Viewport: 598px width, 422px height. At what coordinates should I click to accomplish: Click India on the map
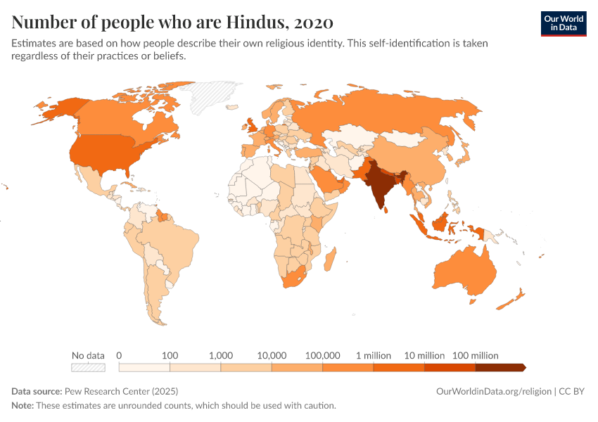tap(381, 186)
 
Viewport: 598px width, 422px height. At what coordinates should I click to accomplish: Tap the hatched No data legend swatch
tap(88, 367)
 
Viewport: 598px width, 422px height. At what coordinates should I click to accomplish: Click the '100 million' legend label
tap(475, 355)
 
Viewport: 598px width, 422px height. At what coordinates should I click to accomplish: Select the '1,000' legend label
tap(221, 355)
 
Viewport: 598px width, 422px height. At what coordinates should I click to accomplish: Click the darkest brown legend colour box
tap(500, 367)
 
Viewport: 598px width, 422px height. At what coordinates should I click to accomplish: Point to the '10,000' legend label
tap(272, 355)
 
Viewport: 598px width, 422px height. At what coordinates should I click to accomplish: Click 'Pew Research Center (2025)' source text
tap(121, 391)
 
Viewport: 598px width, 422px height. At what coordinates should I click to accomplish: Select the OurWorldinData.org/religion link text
tap(493, 391)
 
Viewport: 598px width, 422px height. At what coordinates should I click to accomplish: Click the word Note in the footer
tap(23, 405)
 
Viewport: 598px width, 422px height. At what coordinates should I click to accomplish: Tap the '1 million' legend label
tap(374, 355)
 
